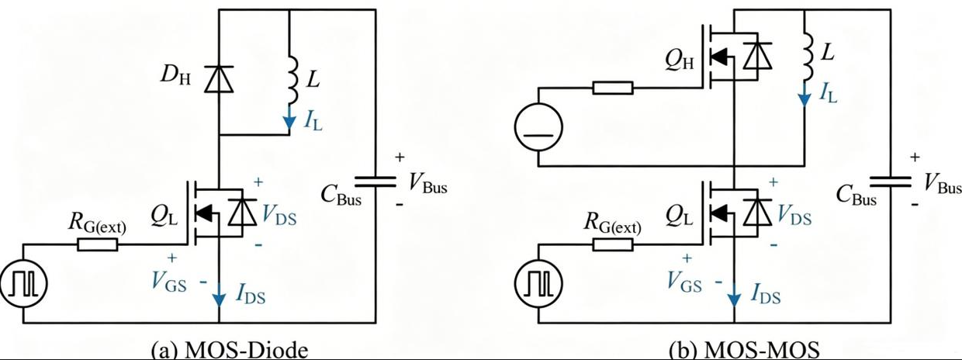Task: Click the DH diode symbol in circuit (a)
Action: (x=219, y=79)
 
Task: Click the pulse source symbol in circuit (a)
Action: (x=23, y=283)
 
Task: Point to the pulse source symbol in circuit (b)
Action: (x=538, y=283)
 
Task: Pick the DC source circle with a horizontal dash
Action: (x=538, y=126)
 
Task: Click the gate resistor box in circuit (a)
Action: (x=98, y=245)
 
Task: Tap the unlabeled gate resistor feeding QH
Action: (x=613, y=88)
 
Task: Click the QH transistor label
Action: (x=679, y=61)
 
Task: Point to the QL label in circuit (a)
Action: (x=164, y=217)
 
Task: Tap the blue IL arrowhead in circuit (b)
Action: (x=805, y=100)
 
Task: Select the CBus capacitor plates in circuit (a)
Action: (x=375, y=182)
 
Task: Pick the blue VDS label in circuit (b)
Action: (x=794, y=214)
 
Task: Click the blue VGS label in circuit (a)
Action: (x=169, y=282)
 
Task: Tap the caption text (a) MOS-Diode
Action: (x=230, y=350)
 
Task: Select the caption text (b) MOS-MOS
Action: (x=744, y=350)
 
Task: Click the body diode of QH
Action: (x=757, y=56)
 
